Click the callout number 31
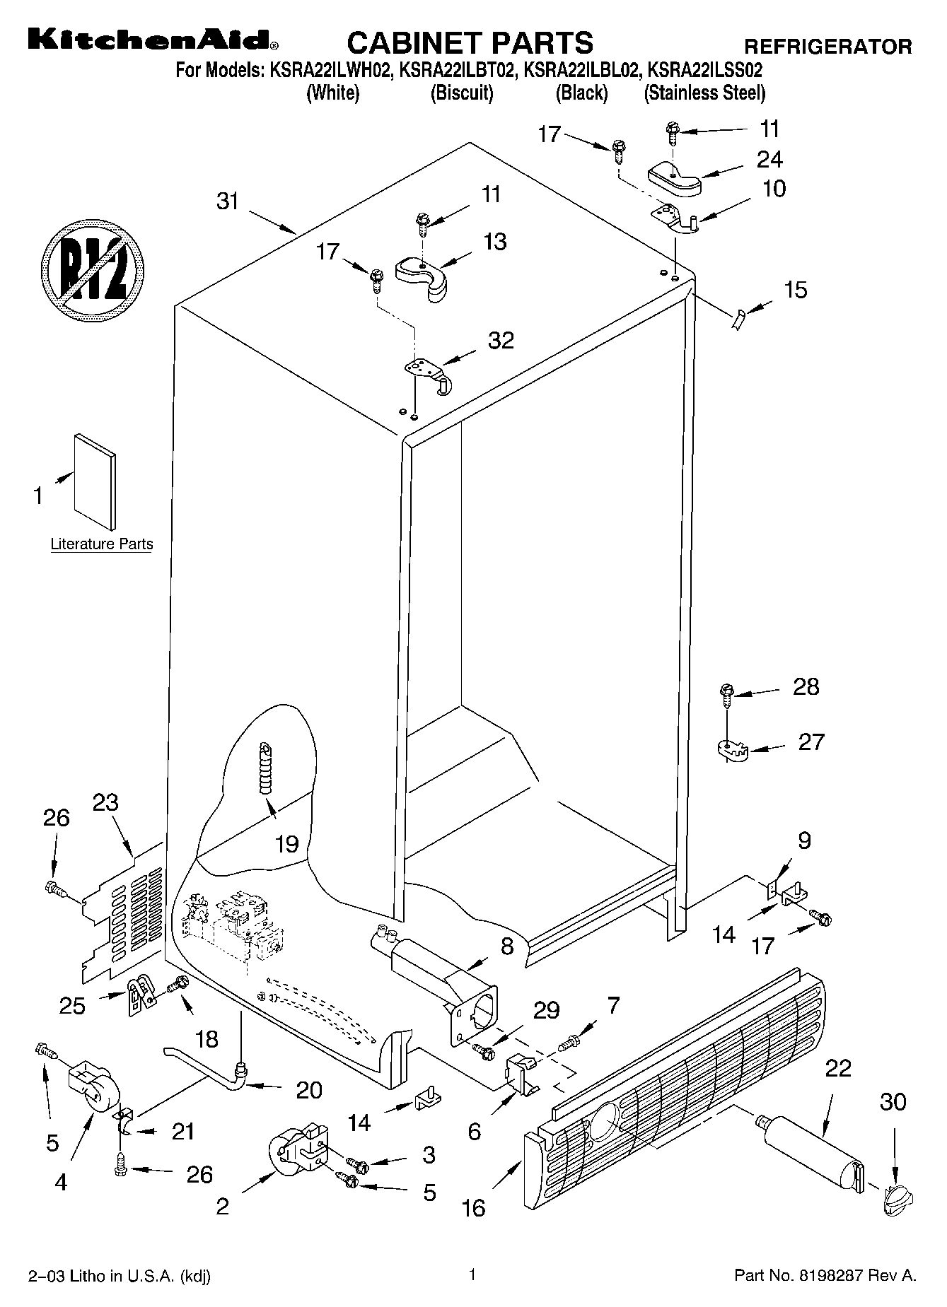(x=228, y=201)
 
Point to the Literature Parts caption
(x=102, y=544)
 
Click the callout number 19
(x=287, y=843)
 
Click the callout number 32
(x=501, y=340)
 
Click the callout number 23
(x=105, y=802)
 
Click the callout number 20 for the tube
(x=310, y=1089)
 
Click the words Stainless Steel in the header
(x=704, y=93)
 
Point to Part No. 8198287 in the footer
(x=825, y=1276)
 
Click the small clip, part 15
(x=738, y=320)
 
